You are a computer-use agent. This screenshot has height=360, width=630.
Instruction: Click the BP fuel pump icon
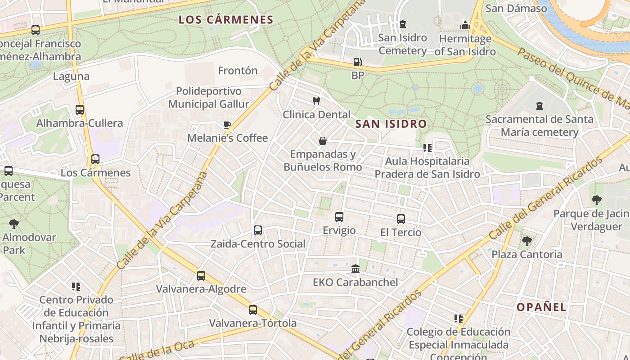pos(357,62)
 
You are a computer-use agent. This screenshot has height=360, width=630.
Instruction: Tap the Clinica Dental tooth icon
pos(316,101)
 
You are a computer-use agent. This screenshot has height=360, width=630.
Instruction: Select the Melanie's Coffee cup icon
pos(227,125)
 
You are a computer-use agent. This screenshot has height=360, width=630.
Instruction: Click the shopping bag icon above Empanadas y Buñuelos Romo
pos(323,141)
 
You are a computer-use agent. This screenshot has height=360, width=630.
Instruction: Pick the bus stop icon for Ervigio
pos(339,217)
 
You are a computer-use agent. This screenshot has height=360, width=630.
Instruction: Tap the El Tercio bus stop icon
pos(401,219)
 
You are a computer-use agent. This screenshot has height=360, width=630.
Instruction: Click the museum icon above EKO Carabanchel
pos(355,269)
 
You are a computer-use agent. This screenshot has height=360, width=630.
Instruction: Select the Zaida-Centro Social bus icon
pos(258,230)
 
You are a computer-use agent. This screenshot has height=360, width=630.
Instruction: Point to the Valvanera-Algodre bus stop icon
pos(201,276)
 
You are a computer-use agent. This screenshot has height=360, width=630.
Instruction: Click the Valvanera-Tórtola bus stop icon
pos(253,310)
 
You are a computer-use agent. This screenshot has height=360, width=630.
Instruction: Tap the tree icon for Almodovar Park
pos(14,224)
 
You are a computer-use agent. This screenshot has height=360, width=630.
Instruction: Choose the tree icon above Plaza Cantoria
pos(526,241)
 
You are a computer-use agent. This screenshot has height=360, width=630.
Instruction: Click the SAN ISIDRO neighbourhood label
pos(391,124)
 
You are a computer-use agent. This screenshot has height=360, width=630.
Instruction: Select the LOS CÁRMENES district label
pos(226,20)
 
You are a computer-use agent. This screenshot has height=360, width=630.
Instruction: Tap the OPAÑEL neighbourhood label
pos(541,307)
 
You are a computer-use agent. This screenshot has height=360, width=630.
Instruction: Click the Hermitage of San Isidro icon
pos(465,25)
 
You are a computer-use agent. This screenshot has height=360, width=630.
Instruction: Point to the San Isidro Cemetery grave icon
pos(402,24)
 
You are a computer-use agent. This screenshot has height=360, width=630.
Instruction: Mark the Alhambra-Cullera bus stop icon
pos(80,110)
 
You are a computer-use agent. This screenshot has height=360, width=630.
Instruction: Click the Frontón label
pos(238,71)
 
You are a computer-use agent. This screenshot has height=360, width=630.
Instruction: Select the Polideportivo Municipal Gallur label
pos(209,98)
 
